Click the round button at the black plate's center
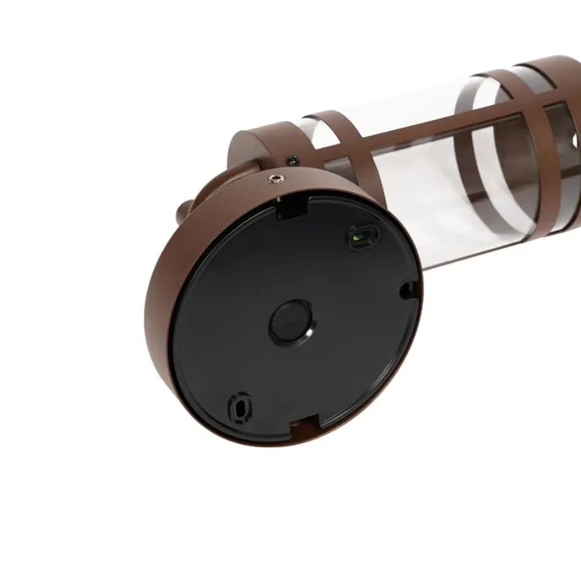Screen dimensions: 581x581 pyautogui.click(x=291, y=321)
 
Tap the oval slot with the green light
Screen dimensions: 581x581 pyautogui.click(x=359, y=235)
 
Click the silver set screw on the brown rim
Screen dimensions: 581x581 pyautogui.click(x=277, y=178)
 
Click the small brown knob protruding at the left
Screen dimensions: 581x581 pyautogui.click(x=184, y=208)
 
